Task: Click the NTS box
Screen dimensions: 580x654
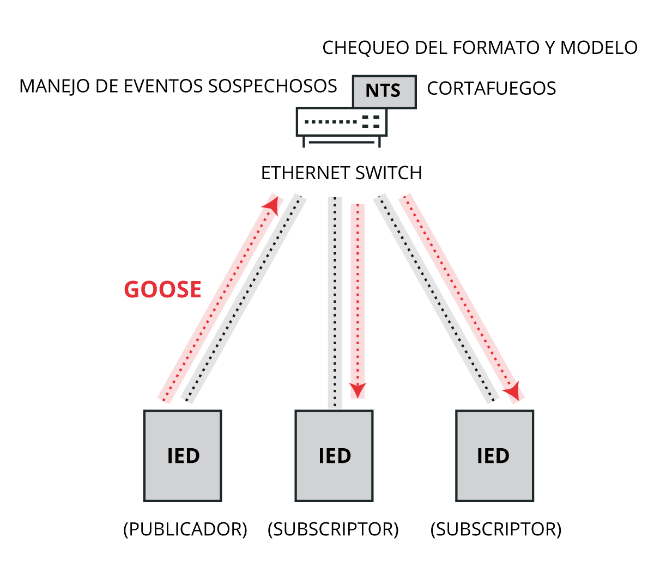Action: [x=384, y=91]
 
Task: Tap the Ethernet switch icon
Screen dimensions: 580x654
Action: [x=341, y=125]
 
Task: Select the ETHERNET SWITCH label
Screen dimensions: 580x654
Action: [x=342, y=173]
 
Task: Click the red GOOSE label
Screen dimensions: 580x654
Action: [x=162, y=289]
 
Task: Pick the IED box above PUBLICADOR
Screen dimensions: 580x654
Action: [x=183, y=455]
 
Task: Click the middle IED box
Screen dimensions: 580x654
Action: [x=334, y=455]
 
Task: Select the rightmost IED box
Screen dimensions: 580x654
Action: [x=494, y=455]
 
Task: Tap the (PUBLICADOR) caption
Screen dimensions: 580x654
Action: [x=185, y=529]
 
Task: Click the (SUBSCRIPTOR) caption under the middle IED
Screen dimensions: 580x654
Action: [x=333, y=529]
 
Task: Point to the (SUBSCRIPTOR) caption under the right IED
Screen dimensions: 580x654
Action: [x=496, y=529]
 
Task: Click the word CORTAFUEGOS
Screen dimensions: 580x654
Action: [x=491, y=88]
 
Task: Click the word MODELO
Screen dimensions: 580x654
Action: [x=599, y=48]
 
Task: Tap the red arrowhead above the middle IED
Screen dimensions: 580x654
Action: [x=358, y=390]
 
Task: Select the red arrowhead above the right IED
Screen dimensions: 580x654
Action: [x=512, y=392]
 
